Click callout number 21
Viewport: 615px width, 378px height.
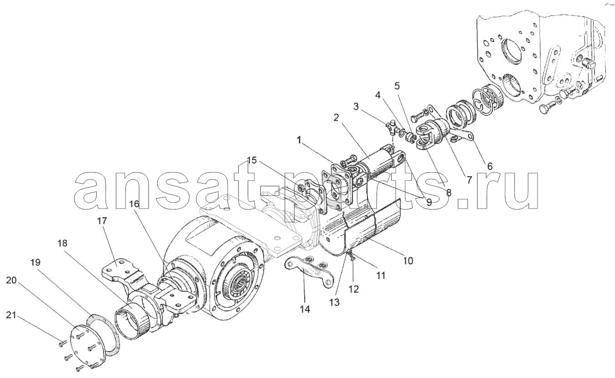(x=11, y=316)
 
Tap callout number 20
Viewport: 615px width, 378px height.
(x=11, y=281)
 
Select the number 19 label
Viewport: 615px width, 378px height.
(x=35, y=262)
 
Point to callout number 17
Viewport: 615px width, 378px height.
(x=102, y=221)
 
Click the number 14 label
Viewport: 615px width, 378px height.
(x=305, y=309)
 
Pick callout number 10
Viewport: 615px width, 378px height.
(x=408, y=261)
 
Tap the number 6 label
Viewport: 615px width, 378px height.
(x=490, y=166)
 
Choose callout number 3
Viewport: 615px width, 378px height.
(x=356, y=107)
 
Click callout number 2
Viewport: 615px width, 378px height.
(x=336, y=117)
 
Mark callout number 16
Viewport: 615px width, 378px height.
(x=134, y=204)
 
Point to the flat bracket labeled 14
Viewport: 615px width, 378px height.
(x=309, y=271)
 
